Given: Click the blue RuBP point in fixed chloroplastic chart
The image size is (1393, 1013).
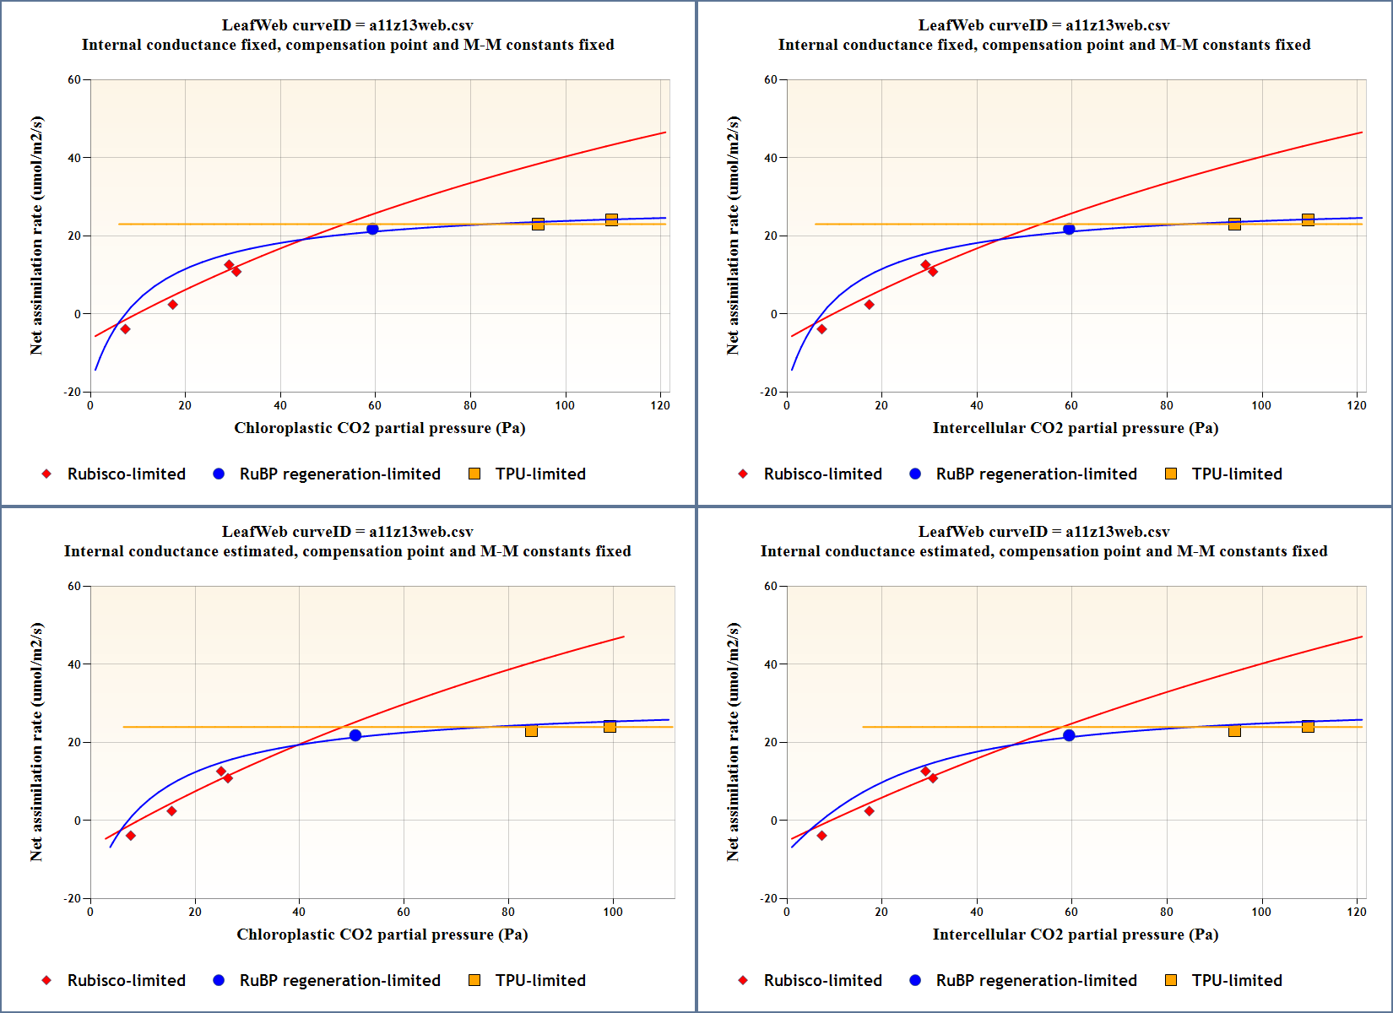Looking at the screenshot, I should pos(372,230).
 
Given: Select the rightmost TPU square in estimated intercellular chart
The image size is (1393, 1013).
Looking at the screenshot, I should pos(1308,727).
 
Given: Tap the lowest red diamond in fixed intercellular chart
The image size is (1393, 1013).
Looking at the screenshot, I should pos(821,329).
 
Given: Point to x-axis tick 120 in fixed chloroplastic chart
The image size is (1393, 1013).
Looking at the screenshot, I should pos(660,405).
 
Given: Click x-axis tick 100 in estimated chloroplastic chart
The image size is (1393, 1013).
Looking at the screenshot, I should pos(613,912).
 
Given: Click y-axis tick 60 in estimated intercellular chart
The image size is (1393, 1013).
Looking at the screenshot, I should pos(771,587).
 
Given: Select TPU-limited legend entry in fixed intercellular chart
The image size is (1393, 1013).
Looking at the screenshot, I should pos(1236,474).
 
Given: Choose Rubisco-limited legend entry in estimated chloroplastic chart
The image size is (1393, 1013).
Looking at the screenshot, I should pos(126,980).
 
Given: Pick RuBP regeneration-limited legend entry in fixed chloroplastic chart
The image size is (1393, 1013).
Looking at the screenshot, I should pos(339,474).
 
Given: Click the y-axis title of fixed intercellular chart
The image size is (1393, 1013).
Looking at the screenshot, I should pos(733,236).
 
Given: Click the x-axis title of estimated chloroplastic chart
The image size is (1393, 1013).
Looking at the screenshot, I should pos(382,934).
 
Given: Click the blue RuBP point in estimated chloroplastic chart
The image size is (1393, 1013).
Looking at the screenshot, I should pos(355,735).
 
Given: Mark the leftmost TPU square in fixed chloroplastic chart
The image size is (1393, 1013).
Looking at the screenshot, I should pos(538,224).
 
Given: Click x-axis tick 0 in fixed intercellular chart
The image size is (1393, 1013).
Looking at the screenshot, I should pos(787,405).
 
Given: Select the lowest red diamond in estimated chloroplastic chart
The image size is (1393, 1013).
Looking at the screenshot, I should pos(131,836).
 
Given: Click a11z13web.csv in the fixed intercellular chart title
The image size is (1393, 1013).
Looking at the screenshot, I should pos(1117,25).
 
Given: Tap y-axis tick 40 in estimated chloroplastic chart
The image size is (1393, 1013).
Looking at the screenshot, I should pos(74,664).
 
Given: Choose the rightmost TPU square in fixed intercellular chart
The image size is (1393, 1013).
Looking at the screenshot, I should pos(1308,220).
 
